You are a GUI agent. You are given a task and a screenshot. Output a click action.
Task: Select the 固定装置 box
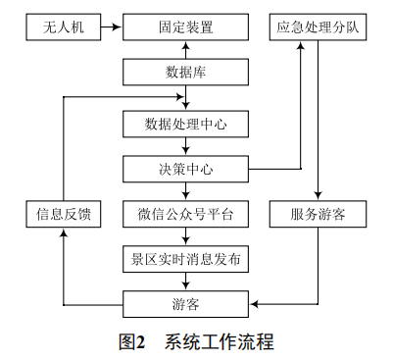185,27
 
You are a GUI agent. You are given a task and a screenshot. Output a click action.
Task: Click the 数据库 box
185,74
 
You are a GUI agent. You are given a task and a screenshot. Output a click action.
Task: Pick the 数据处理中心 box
185,124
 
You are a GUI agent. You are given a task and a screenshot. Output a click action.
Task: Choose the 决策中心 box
185,169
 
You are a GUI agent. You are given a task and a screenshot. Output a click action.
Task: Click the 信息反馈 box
64,214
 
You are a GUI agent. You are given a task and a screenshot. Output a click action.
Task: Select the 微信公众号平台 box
185,214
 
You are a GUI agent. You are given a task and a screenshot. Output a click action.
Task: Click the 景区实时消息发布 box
185,259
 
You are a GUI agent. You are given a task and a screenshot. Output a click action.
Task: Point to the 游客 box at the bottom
185,304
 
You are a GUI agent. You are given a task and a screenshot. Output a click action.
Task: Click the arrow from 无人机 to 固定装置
111,27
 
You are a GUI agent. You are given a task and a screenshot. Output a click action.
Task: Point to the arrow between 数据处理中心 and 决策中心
185,146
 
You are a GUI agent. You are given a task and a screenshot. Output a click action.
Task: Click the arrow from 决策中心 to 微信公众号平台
185,191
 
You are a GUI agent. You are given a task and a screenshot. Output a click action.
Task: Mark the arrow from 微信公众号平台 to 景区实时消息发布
185,236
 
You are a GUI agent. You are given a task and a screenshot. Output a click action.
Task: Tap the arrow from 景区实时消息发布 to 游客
185,282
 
